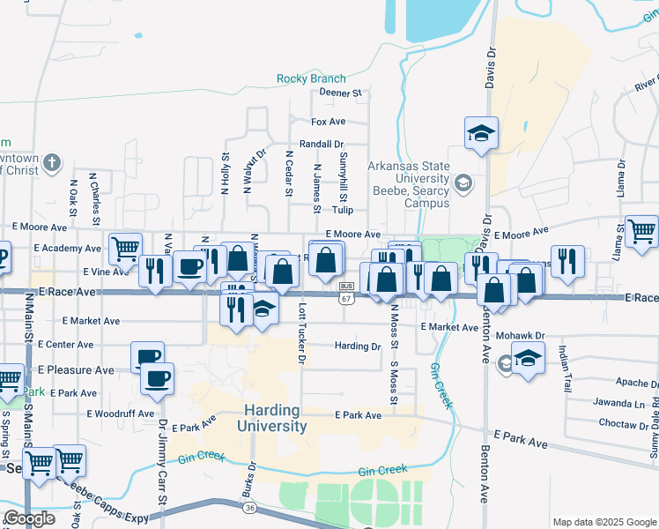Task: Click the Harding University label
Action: tap(272, 419)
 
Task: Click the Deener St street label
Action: tap(341, 92)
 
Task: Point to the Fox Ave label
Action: tap(328, 122)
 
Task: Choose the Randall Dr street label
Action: tap(321, 144)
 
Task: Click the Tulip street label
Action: tap(343, 210)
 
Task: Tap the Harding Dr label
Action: tap(357, 346)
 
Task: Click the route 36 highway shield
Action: tap(248, 508)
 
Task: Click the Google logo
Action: tap(29, 518)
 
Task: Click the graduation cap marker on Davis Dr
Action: tap(481, 134)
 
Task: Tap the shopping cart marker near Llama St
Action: tap(641, 231)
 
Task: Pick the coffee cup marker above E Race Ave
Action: tap(189, 266)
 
